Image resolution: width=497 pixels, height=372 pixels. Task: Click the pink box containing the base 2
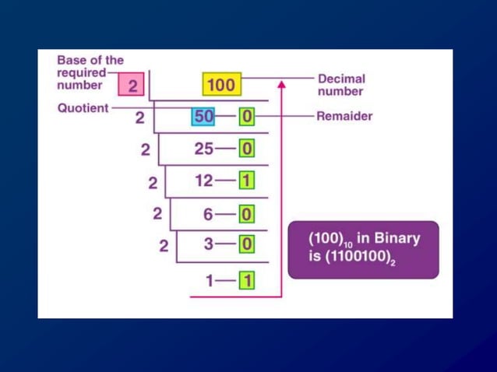tap(132, 86)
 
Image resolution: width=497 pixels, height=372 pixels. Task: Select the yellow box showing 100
tap(221, 84)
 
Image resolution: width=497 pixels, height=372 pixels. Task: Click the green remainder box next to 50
tap(246, 117)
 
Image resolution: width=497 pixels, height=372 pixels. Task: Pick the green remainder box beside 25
tap(246, 149)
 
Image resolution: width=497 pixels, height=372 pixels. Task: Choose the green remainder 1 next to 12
tap(246, 181)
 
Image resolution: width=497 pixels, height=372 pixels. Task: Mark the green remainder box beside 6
tap(246, 212)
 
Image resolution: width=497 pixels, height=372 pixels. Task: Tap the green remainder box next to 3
tap(246, 244)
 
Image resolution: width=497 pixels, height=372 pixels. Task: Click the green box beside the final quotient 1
tap(246, 280)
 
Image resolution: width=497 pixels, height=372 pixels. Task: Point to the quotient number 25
tap(205, 149)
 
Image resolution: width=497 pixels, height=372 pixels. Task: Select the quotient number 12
tap(204, 181)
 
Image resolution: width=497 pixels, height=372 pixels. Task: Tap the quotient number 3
tap(209, 244)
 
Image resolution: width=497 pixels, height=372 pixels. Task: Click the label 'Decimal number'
tap(341, 85)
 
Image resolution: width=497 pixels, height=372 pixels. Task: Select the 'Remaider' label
tap(344, 117)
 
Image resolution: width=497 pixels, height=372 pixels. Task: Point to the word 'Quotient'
tap(83, 109)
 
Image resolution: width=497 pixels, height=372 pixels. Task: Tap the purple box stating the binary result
tap(363, 249)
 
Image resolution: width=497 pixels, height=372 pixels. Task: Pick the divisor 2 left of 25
tap(145, 150)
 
